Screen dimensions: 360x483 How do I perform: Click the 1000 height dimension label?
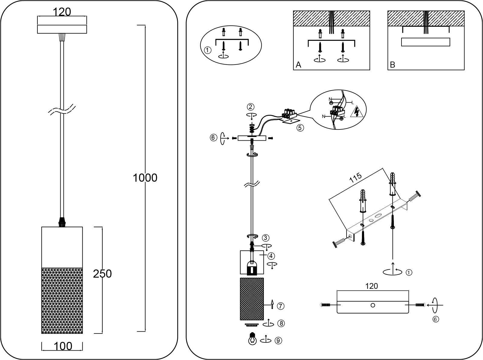tap(145, 178)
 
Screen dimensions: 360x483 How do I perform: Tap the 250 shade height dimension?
tap(102, 274)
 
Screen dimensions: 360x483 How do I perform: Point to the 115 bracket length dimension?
tap(355, 179)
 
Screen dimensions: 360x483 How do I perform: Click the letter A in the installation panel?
tap(298, 65)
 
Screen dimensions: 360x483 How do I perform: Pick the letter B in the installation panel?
tap(392, 65)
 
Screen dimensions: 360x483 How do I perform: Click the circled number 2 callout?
tap(251, 107)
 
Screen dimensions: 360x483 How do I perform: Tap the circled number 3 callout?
tap(265, 237)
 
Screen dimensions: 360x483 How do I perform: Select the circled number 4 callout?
tap(271, 256)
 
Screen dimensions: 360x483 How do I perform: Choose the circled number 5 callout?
tap(300, 128)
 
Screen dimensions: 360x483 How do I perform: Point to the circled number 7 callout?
tap(281, 306)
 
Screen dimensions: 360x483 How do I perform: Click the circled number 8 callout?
tap(281, 323)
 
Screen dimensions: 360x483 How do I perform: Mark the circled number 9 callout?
tap(278, 340)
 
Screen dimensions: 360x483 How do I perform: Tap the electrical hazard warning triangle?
tap(357, 112)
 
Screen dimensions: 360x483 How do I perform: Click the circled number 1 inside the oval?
tap(208, 50)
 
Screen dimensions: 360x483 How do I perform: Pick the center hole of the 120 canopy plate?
tap(373, 305)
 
